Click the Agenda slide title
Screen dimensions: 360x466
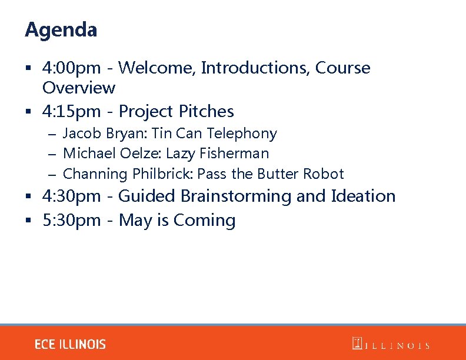[61, 29]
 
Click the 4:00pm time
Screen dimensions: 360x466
[71, 68]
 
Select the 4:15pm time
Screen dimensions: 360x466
[71, 111]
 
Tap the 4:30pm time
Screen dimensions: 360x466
[71, 196]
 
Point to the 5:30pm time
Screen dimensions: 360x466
[71, 221]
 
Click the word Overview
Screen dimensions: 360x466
[79, 88]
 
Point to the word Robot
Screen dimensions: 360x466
[323, 174]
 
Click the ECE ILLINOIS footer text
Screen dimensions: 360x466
[70, 345]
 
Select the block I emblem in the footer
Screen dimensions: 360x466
[356, 344]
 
